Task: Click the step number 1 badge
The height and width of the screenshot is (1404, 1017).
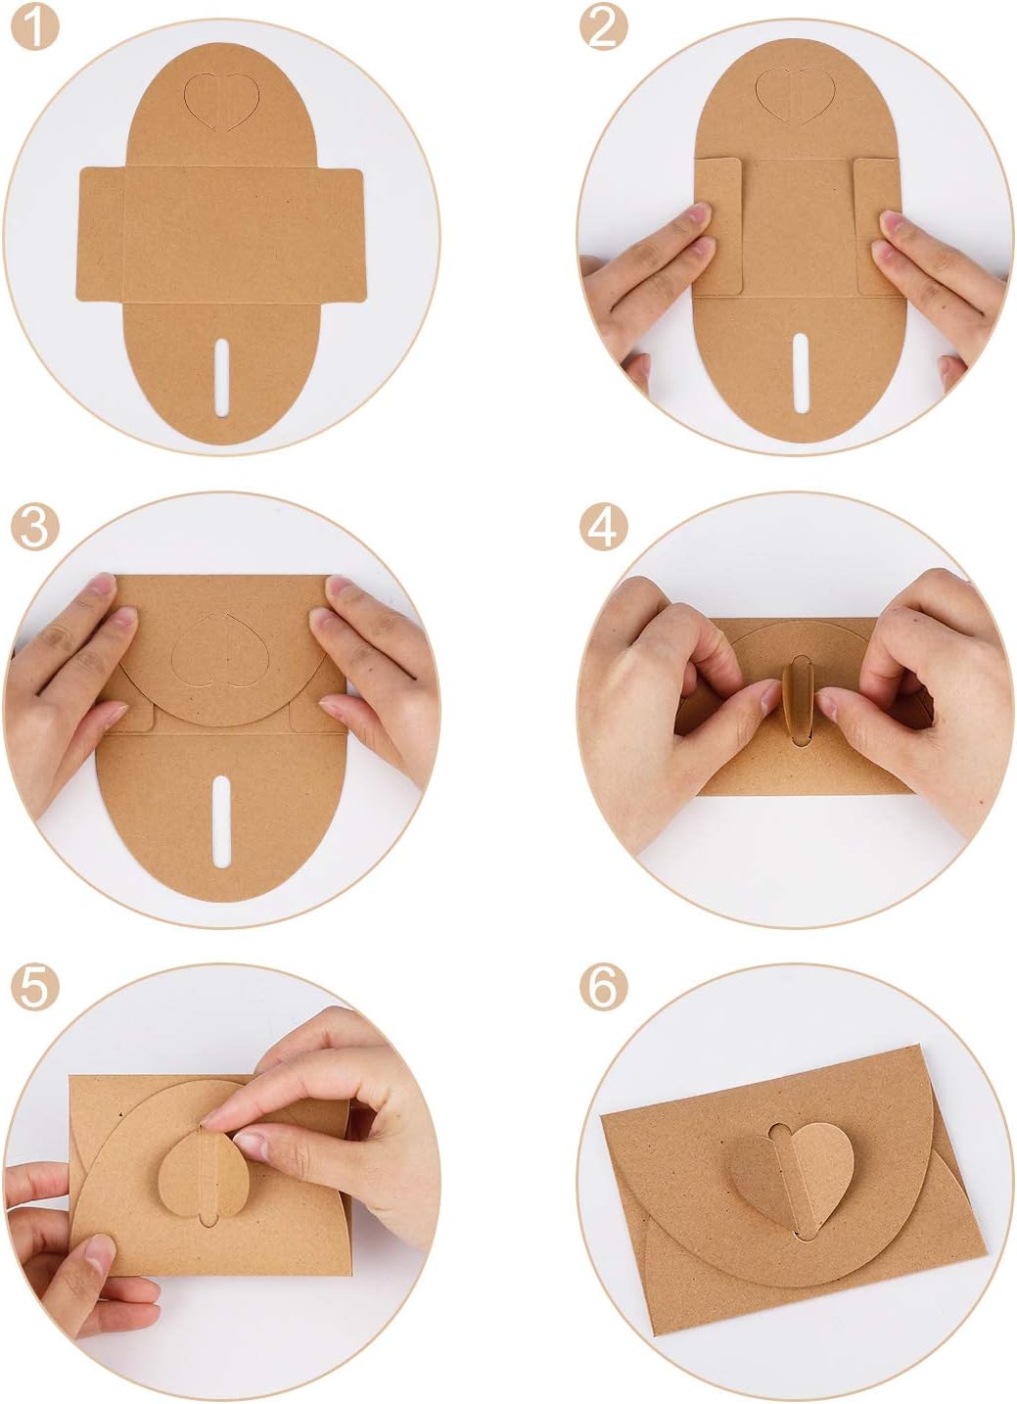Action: point(35,29)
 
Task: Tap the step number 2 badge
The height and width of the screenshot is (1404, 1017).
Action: point(603,29)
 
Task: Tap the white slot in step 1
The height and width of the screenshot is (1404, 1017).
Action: point(222,377)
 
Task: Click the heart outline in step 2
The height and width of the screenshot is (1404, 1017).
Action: point(795,95)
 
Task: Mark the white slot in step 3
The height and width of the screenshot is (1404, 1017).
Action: point(221,819)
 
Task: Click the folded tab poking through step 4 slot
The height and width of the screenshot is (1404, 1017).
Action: point(796,697)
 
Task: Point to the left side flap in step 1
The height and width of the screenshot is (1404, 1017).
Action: point(102,234)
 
